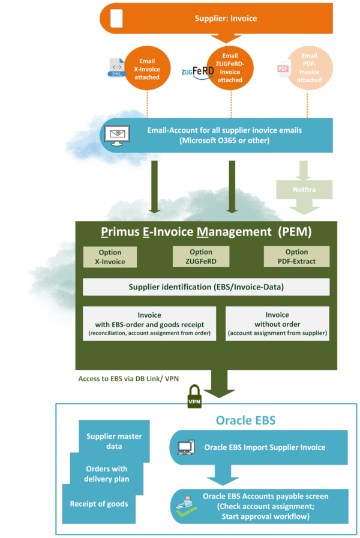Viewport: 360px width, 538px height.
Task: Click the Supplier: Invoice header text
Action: pos(226,18)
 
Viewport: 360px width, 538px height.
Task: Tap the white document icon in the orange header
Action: pos(116,19)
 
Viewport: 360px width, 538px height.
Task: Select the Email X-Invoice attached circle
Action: pos(147,70)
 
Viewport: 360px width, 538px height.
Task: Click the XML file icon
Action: pos(116,68)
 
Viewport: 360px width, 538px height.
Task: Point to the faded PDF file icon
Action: pos(283,69)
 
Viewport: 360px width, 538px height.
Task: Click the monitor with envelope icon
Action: pos(120,135)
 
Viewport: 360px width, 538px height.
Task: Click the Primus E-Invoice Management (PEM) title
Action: pos(206,232)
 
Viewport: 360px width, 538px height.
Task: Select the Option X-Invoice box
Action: pos(110,257)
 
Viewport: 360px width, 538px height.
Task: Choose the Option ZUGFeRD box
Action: pos(201,257)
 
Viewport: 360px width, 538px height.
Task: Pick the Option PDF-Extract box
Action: pos(296,257)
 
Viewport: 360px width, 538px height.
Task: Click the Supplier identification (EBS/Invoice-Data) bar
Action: pos(206,287)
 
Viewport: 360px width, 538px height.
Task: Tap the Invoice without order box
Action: pos(277,324)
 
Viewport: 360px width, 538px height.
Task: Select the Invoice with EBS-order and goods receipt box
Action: pos(149,324)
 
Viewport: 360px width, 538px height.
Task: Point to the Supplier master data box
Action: pos(113,441)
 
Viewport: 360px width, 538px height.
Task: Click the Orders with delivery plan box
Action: pos(106,474)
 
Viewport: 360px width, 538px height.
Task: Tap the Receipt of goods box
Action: pos(98,504)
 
